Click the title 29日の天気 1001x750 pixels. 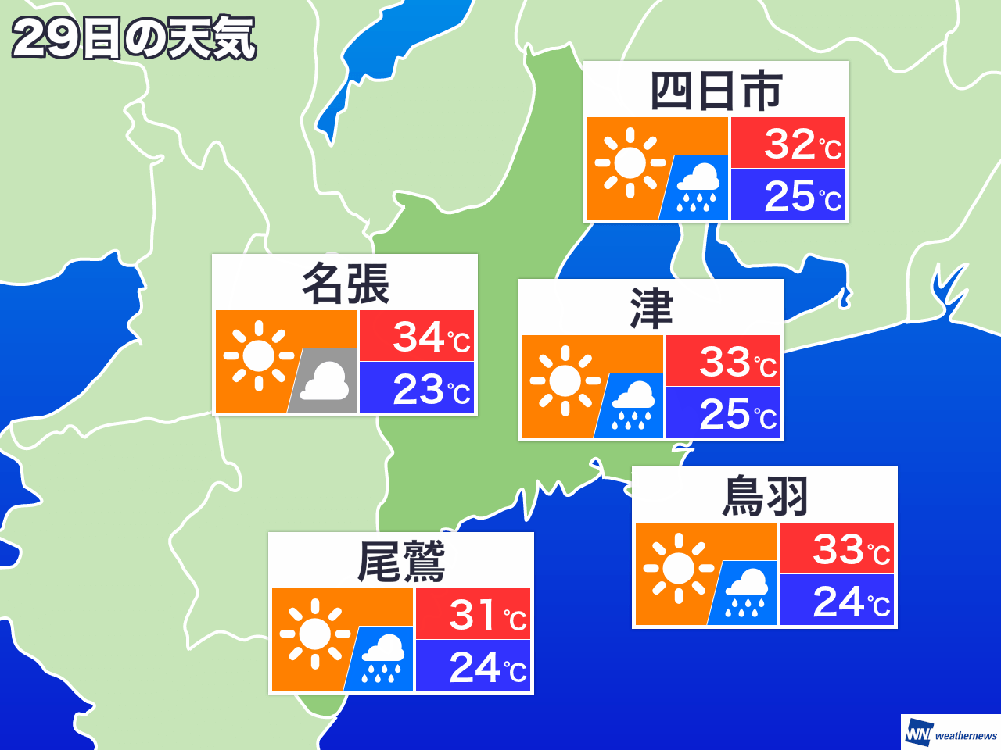point(134,38)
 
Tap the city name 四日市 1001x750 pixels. point(716,91)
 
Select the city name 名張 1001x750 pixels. point(345,284)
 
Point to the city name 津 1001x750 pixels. point(651,309)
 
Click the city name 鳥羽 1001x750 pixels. point(764,496)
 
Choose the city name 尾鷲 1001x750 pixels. point(401,562)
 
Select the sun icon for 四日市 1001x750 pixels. point(630,162)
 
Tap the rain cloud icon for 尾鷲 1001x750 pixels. point(382,659)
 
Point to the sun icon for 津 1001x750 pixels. point(565,380)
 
